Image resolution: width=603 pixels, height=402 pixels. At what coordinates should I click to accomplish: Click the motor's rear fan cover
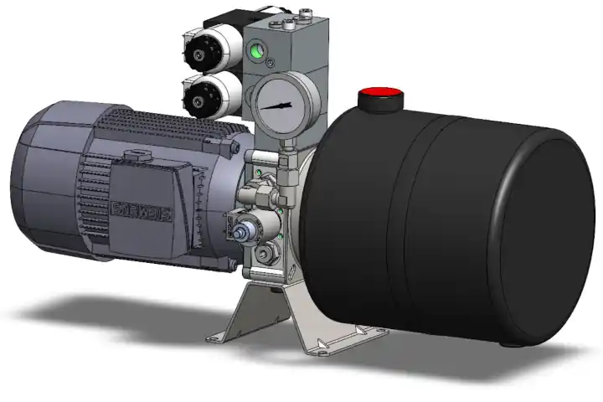(x=42, y=180)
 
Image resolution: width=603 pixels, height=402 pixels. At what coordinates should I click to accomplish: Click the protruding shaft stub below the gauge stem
(x=246, y=231)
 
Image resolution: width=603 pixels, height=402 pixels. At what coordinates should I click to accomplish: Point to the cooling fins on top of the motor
(x=159, y=126)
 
